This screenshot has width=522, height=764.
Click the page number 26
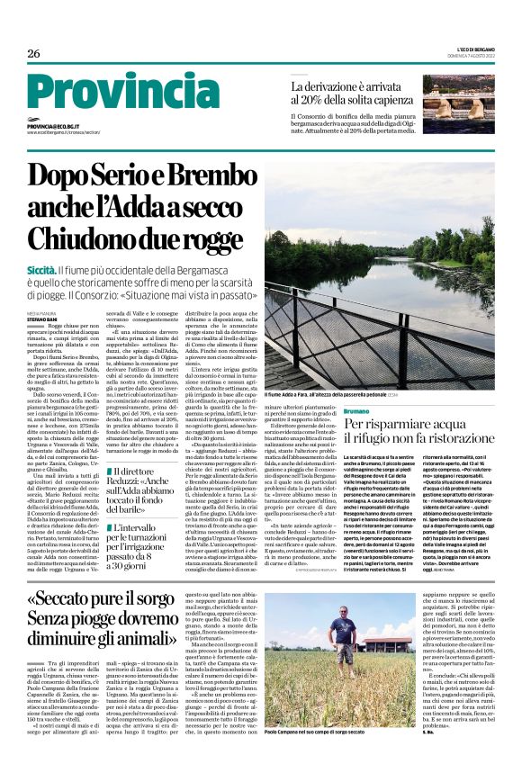[x=33, y=54]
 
